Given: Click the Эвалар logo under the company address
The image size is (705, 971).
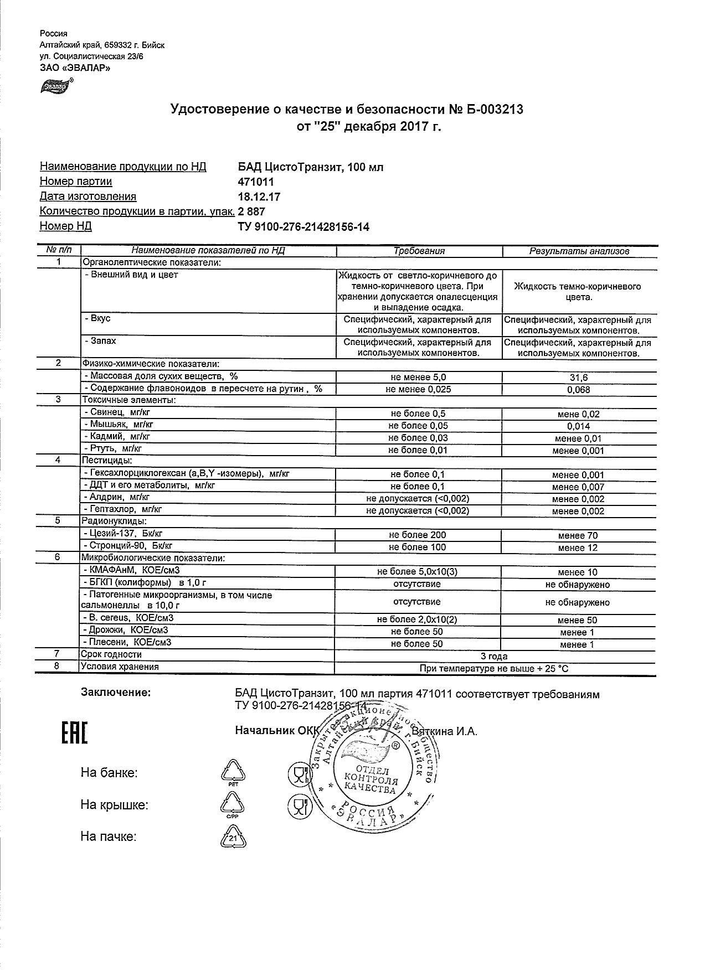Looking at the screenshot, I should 55,86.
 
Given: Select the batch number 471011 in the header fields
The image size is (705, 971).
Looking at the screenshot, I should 255,182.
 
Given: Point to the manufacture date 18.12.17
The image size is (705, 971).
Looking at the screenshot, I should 259,197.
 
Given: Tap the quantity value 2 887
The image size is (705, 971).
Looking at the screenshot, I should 251,211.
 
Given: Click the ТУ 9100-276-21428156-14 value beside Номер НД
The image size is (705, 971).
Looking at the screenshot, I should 303,226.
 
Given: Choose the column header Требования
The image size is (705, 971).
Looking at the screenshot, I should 419,251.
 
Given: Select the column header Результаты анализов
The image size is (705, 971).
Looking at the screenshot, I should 579,251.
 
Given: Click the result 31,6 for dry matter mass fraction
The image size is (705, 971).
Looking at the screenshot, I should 579,378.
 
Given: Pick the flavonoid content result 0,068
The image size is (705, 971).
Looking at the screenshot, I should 579,390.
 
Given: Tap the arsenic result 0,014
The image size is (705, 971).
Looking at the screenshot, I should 579,426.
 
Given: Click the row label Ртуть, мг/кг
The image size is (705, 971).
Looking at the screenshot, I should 114,448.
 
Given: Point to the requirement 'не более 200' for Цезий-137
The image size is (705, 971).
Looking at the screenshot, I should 418,535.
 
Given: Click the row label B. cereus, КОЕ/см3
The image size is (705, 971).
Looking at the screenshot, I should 131,618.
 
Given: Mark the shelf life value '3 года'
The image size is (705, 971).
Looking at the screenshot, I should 494,657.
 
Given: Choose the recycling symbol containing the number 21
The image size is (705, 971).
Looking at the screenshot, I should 234,839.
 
